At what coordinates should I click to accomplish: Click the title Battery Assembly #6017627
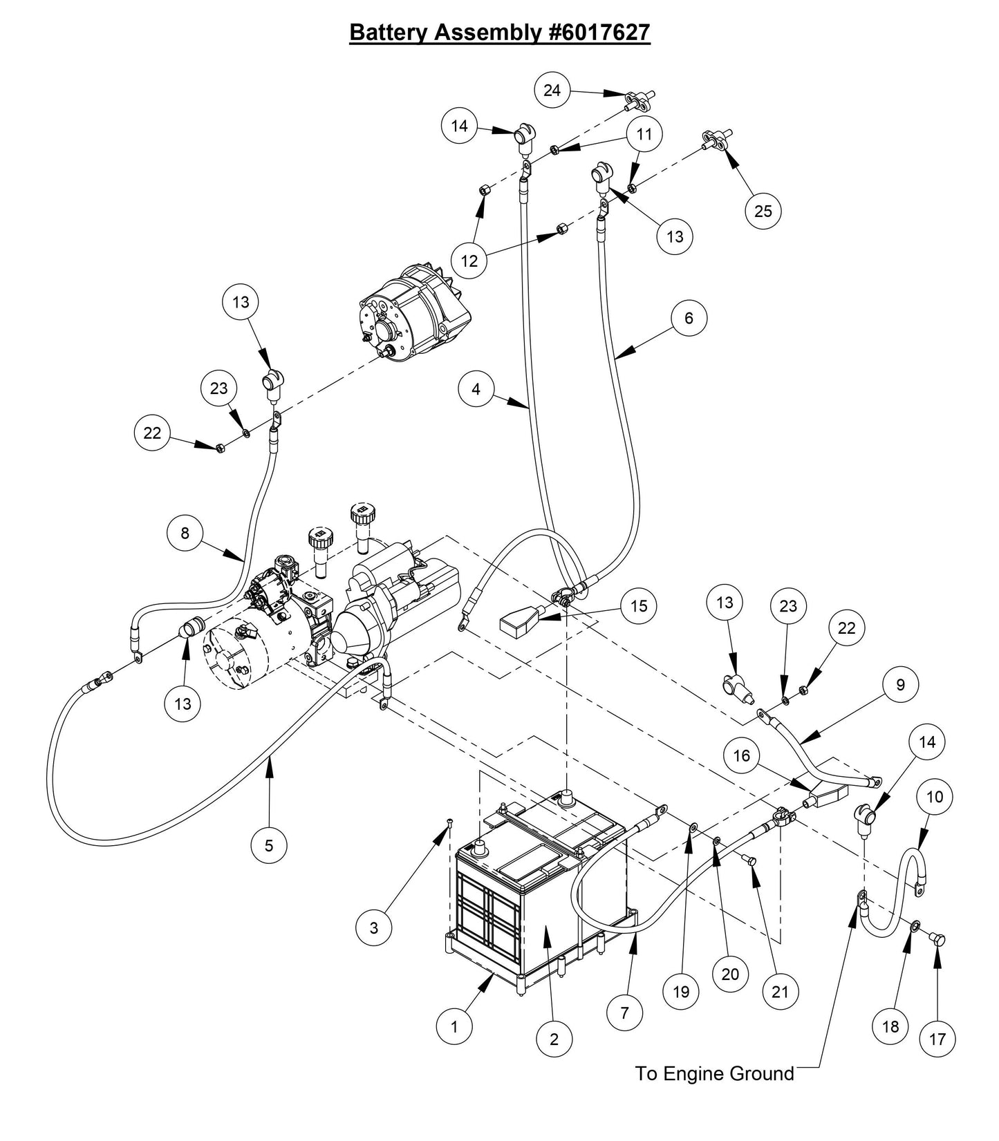coord(499,32)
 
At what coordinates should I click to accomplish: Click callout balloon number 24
coord(552,91)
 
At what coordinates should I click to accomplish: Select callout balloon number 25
coord(763,211)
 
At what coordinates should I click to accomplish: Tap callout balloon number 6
coord(688,319)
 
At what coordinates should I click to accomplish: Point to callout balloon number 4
coord(476,390)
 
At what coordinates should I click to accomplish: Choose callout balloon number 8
coord(185,534)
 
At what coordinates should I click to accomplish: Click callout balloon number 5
coord(269,845)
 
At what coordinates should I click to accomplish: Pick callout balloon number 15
coord(639,606)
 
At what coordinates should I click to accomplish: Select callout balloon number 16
coord(741,756)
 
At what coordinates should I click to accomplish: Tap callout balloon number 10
coord(934,798)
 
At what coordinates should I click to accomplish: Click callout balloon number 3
coord(374,927)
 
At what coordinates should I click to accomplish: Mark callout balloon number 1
coord(454,1027)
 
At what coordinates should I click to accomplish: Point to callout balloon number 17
coord(937,1039)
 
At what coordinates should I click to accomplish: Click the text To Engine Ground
coord(714,1073)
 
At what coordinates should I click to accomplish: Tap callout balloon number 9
coord(899,685)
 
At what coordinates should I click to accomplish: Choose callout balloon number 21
coord(780,992)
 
